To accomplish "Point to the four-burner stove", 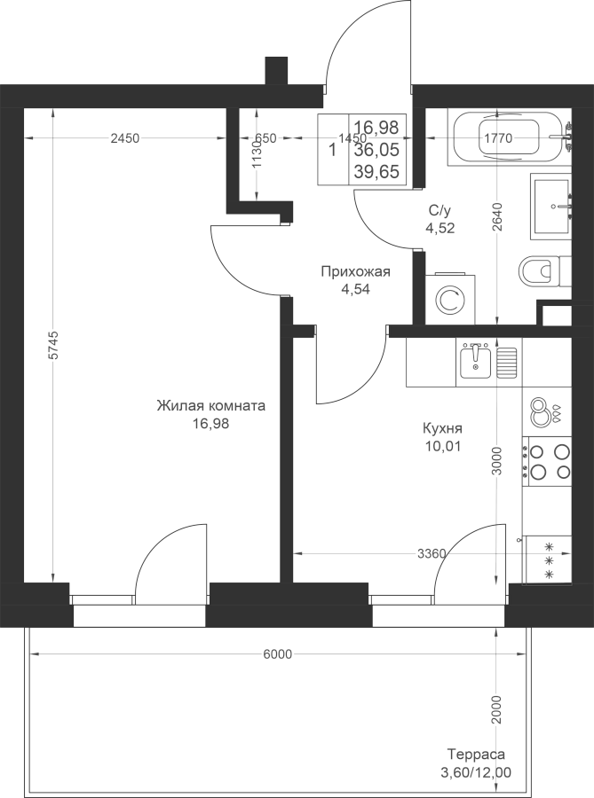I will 548,461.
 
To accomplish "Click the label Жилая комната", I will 210,406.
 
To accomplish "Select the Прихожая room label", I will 355,273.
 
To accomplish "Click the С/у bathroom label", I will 440,211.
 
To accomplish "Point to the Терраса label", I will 476,755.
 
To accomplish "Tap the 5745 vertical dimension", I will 54,346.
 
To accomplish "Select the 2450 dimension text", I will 125,137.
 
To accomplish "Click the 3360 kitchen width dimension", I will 431,553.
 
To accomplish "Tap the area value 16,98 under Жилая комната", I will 210,423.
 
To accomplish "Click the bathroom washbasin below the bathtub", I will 553,205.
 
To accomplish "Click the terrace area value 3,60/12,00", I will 475,771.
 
